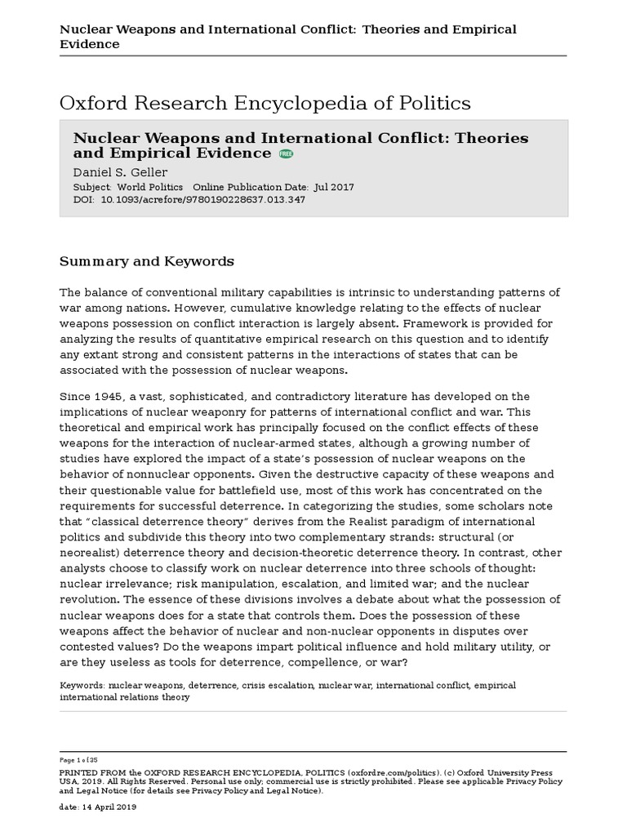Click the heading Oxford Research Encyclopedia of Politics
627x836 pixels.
coord(265,103)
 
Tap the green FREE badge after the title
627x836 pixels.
coord(286,153)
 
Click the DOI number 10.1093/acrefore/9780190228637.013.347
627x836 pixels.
coord(202,200)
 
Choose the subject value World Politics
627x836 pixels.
coord(149,187)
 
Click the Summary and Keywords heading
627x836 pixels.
coord(147,261)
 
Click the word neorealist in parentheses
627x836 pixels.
coord(95,553)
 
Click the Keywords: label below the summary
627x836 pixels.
coord(82,685)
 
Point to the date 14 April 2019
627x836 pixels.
coord(109,807)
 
